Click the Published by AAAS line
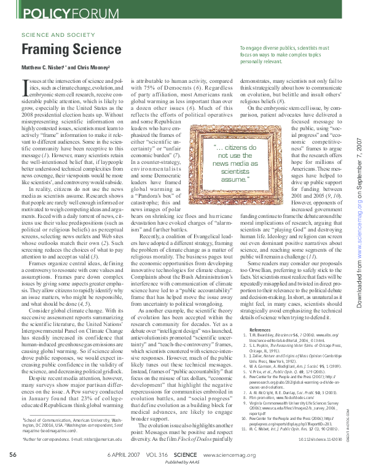182,461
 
